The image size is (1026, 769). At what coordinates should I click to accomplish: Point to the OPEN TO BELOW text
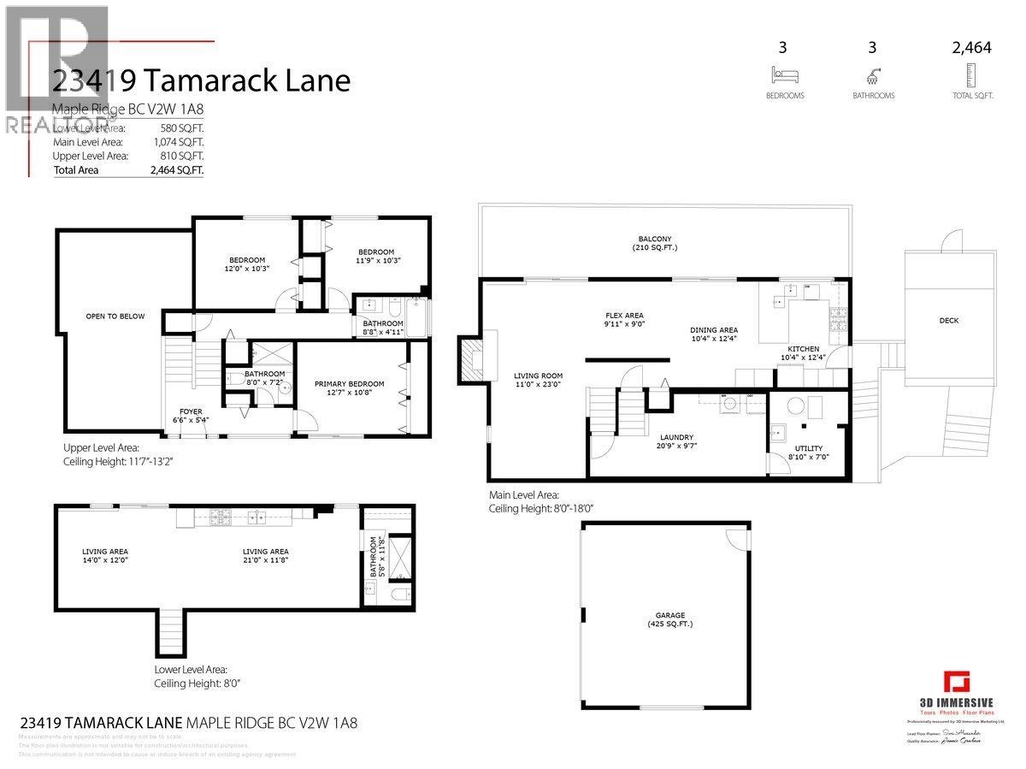[115, 316]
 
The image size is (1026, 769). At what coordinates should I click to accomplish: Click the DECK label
[949, 321]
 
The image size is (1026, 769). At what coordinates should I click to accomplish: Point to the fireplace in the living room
[473, 358]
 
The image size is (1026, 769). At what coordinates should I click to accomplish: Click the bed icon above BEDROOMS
[785, 74]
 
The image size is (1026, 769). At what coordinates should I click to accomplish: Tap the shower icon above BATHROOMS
[873, 74]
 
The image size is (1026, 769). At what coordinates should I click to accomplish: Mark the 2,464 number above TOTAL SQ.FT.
[971, 48]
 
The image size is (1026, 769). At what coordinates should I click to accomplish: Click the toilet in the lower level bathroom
[399, 593]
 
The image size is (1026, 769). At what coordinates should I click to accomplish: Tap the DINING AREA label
[714, 330]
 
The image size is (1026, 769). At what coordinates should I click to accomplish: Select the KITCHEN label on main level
[804, 349]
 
